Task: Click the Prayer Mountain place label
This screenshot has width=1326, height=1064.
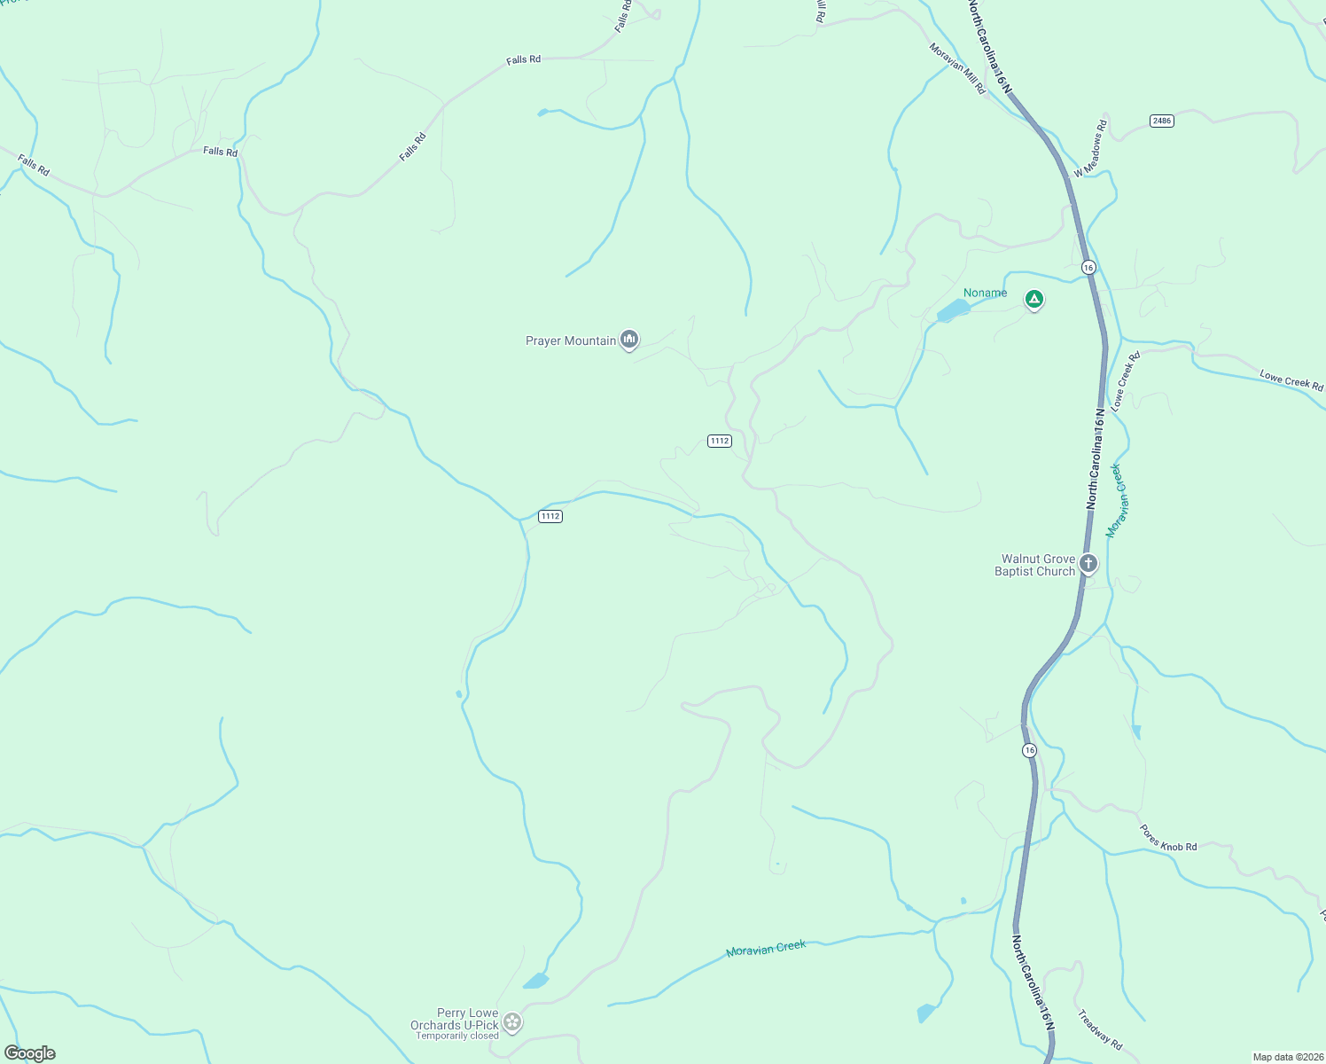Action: click(570, 340)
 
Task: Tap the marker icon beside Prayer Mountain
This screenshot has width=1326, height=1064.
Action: click(629, 340)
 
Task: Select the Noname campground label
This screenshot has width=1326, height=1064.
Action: click(985, 293)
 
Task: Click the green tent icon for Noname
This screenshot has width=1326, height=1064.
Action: click(1033, 300)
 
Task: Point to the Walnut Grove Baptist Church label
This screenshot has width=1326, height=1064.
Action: click(1034, 565)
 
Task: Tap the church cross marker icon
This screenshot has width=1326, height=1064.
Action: click(1088, 563)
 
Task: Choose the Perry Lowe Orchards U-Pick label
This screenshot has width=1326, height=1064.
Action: click(454, 1019)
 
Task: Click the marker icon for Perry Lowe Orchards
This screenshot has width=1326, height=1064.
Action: click(512, 1022)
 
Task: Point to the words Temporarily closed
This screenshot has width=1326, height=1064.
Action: click(457, 1036)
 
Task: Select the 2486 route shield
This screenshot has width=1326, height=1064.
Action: click(1162, 121)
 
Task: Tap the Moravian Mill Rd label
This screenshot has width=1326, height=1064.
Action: click(957, 68)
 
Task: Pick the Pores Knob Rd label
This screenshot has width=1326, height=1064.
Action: click(1168, 838)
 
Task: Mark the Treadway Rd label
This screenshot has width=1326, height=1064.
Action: click(1100, 1029)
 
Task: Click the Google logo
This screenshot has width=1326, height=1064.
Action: click(30, 1053)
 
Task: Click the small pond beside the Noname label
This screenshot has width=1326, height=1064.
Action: click(953, 311)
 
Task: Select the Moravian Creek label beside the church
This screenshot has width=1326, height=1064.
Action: click(1113, 501)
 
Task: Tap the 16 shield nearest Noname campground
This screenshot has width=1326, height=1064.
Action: click(1088, 267)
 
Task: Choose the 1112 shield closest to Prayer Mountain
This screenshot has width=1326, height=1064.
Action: click(720, 441)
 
